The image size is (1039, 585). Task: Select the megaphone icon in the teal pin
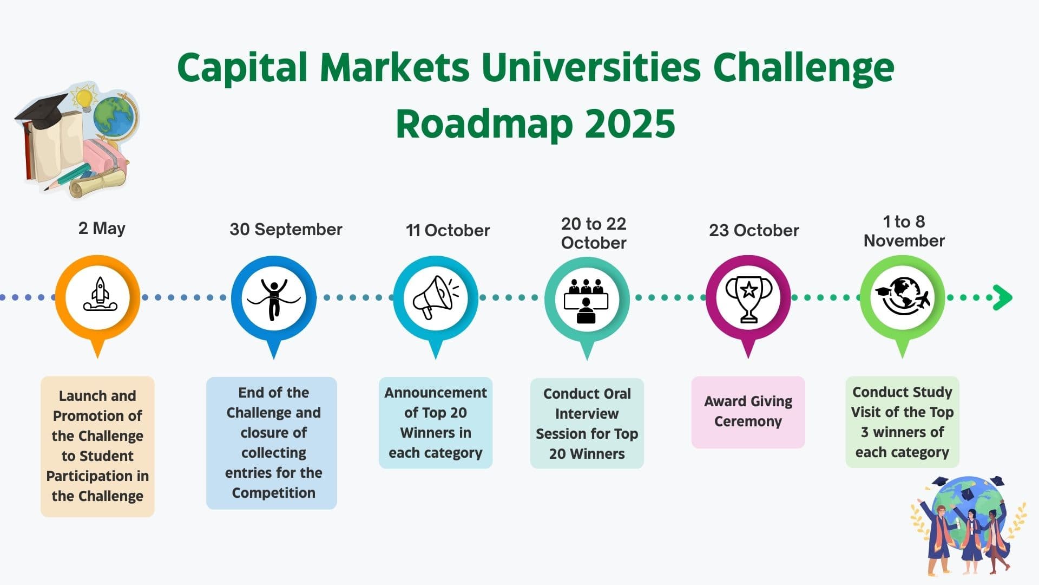[x=435, y=297]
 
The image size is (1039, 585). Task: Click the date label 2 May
[x=102, y=228]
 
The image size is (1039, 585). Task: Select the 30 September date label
[x=286, y=229]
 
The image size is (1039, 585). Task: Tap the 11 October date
[x=448, y=230]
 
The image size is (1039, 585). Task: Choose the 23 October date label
[x=754, y=230]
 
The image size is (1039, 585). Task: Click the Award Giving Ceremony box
[x=748, y=412]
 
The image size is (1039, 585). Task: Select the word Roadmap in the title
[x=484, y=123]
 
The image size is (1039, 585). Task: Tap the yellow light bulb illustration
[x=84, y=98]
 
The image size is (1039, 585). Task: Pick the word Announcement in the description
[x=436, y=393]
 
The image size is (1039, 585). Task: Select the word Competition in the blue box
[x=274, y=493]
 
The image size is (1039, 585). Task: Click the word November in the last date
[x=904, y=240]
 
